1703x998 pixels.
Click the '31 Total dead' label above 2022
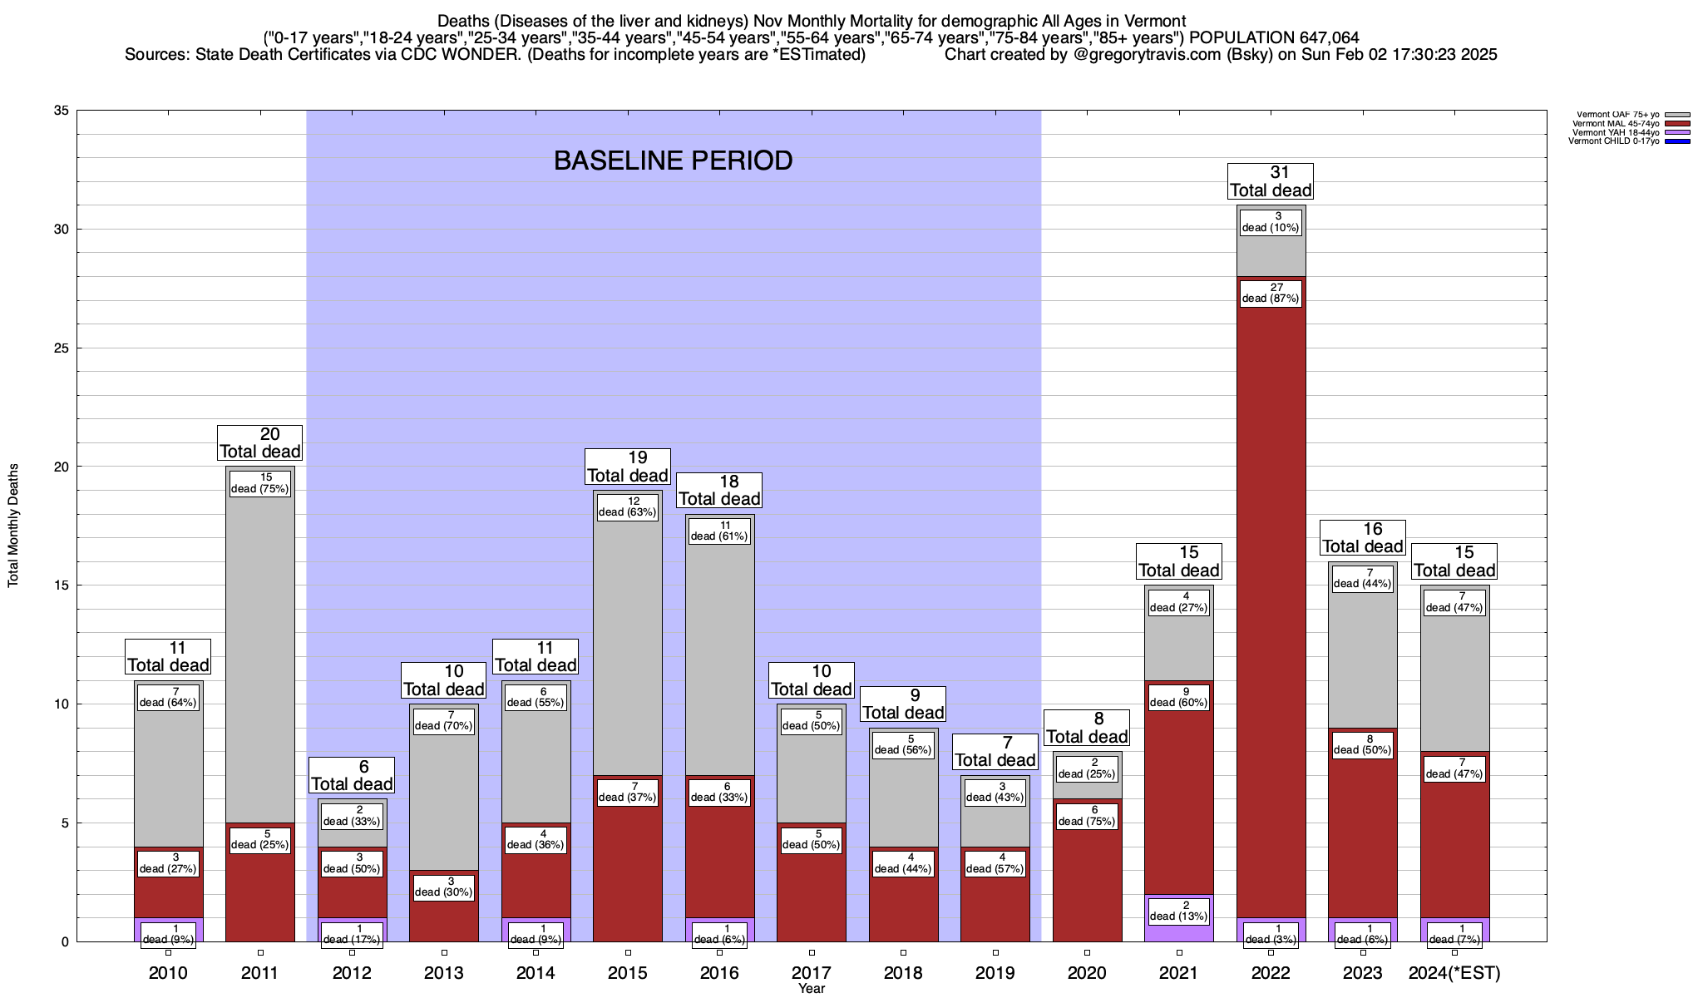pos(1271,181)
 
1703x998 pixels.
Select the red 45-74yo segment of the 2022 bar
pos(1271,582)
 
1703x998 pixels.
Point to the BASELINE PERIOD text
pos(673,161)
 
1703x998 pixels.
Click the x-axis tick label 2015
pos(628,973)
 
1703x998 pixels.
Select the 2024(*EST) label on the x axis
pos(1454,973)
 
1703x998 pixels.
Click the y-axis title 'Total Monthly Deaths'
pos(13,525)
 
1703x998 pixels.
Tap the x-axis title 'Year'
pos(811,989)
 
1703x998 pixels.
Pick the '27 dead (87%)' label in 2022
pos(1271,293)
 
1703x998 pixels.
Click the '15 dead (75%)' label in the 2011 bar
pos(260,483)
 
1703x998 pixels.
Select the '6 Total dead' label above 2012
pos(352,775)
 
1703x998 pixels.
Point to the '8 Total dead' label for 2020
pos(1087,728)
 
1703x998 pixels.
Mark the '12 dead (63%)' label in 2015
pos(628,506)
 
